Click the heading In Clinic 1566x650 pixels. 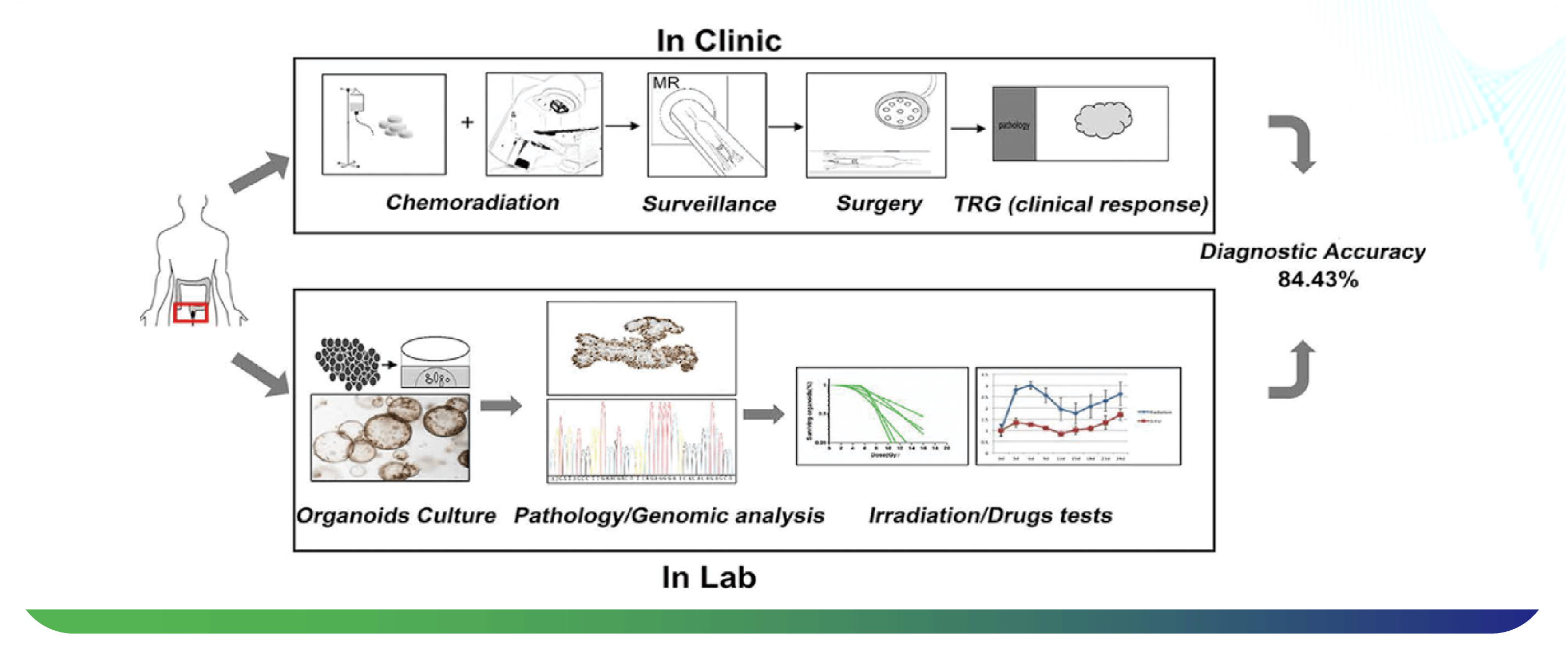pos(719,41)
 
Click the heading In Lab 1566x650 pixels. pos(709,577)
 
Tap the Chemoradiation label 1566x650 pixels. pos(472,202)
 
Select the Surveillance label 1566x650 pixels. pos(709,203)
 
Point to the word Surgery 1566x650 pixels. pos(878,203)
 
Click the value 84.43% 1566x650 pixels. pos(1317,280)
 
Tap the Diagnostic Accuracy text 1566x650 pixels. pos(1312,252)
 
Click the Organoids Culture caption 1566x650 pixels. pos(396,515)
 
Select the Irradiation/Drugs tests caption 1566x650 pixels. pos(990,515)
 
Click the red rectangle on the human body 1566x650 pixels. pos(190,312)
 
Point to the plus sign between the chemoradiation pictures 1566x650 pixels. pos(467,123)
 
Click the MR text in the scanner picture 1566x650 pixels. pos(666,83)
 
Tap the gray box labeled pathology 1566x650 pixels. pos(1013,124)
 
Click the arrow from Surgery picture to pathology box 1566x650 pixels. pos(968,128)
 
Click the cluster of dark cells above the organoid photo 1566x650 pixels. pos(347,363)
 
